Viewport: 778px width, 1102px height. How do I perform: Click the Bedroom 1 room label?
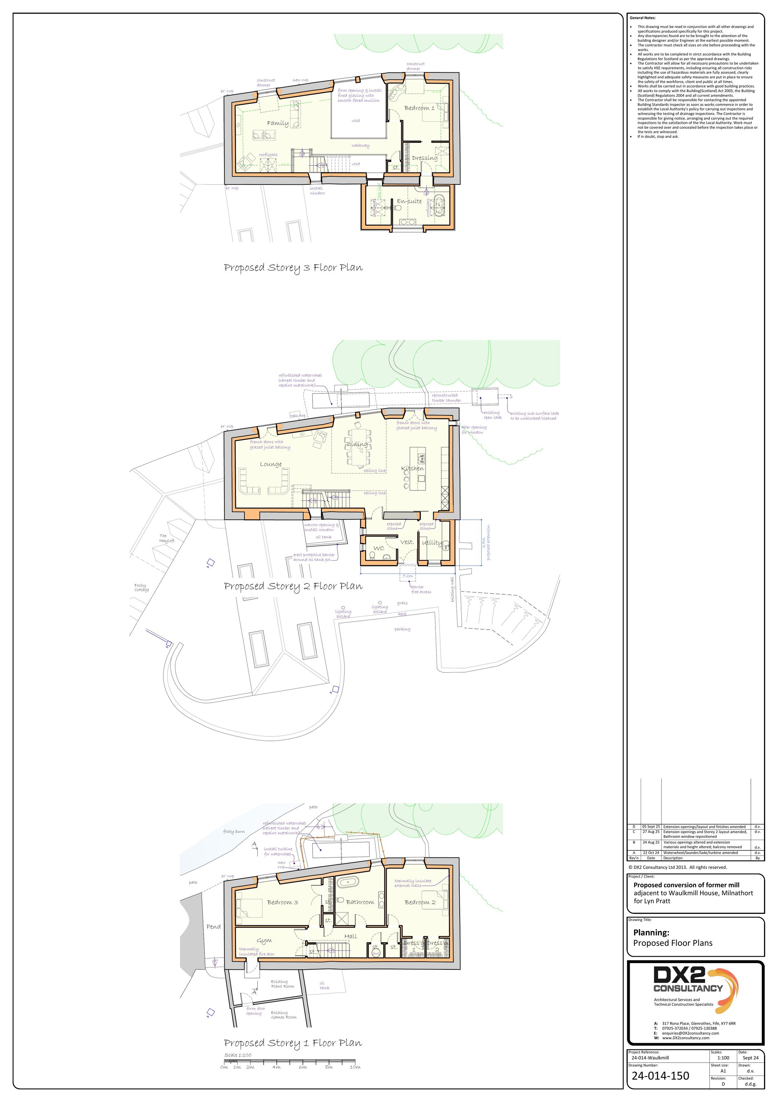419,108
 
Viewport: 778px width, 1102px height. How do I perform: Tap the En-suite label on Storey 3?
409,201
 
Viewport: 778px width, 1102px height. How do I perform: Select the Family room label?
278,123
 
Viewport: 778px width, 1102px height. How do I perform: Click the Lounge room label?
271,464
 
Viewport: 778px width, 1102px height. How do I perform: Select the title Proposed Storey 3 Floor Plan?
293,268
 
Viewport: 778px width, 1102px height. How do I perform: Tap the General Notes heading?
642,18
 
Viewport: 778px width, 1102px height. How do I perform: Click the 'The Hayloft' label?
166,538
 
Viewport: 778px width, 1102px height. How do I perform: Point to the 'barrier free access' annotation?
421,590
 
